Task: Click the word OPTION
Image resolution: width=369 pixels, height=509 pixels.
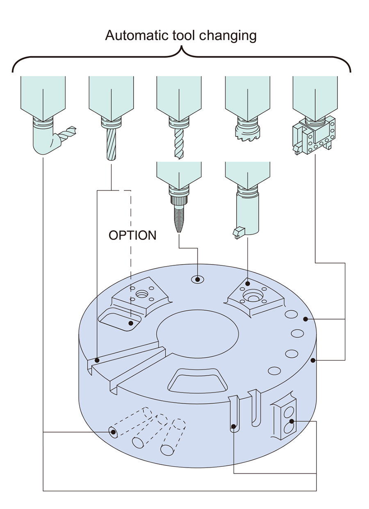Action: pos(132,235)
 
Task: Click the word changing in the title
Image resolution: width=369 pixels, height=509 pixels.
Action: pos(228,36)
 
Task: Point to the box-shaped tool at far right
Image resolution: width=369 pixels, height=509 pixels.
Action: pos(314,136)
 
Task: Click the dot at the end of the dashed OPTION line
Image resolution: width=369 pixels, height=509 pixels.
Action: pos(130,323)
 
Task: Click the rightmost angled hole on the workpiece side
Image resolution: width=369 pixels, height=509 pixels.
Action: pos(168,450)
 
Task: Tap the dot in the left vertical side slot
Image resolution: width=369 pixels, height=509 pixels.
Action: pos(233,427)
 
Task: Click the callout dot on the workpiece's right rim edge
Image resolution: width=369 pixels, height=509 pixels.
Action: pos(313,360)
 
